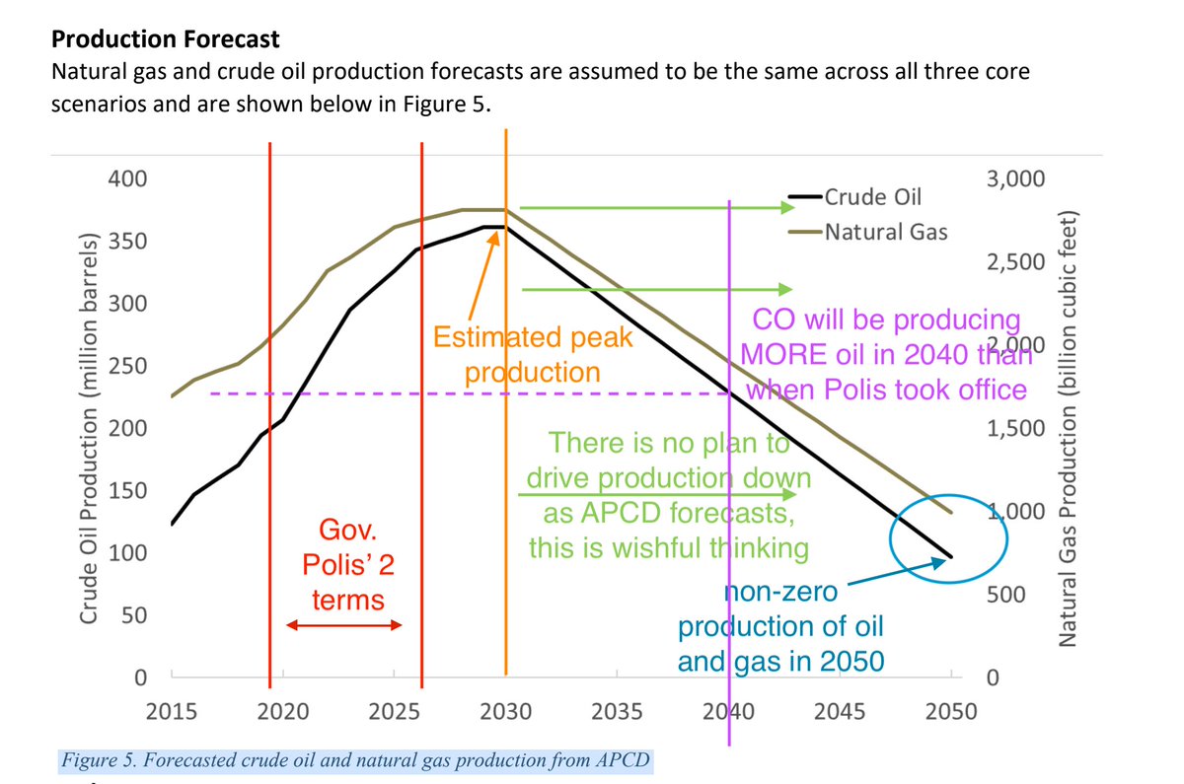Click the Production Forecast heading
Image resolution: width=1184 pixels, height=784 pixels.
point(165,39)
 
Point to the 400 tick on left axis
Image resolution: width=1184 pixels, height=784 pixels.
point(127,179)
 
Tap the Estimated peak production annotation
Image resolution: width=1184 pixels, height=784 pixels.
point(532,355)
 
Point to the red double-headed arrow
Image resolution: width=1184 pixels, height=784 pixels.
point(343,625)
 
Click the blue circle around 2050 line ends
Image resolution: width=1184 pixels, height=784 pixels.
point(947,540)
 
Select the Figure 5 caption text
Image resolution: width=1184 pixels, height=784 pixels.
point(356,761)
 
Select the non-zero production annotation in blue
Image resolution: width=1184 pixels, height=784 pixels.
point(779,626)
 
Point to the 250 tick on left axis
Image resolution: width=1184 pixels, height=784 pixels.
point(127,366)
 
